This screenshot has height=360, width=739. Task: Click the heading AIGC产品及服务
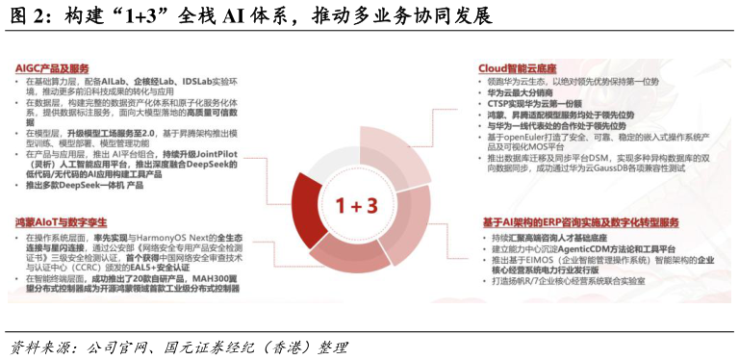[x=52, y=69]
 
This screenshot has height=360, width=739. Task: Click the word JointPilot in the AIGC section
[x=226, y=153]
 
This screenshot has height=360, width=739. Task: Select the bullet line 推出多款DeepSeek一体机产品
[x=86, y=185]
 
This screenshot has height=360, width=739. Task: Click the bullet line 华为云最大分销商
[x=524, y=93]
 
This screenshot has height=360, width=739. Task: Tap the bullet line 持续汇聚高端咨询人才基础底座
[x=559, y=237]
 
